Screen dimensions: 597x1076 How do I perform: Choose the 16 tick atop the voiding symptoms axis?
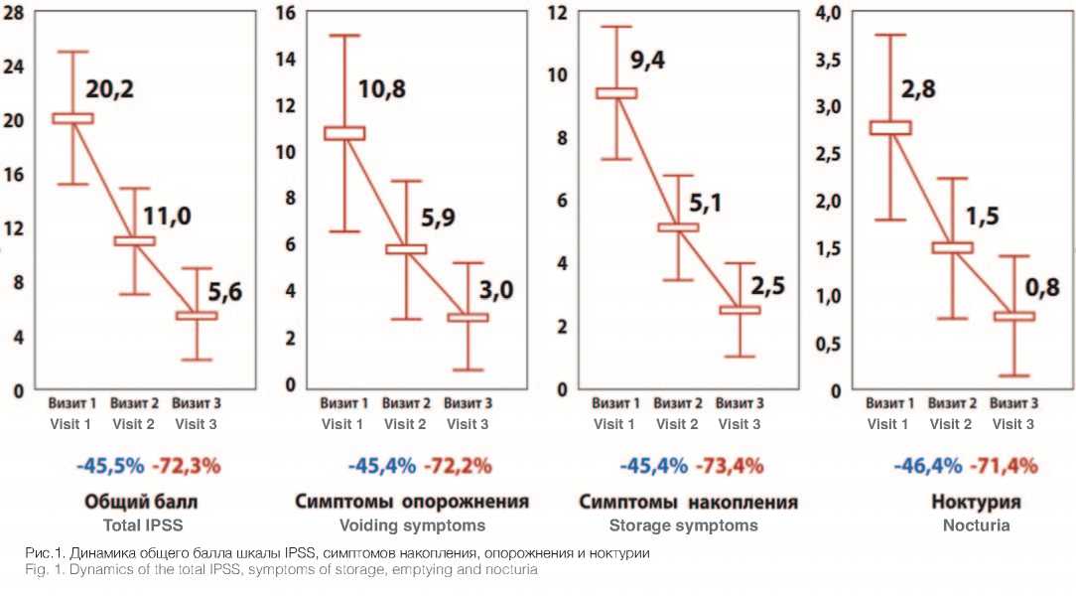[287, 14]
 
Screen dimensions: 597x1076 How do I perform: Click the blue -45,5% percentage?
[109, 465]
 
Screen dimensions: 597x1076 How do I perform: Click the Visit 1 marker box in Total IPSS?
[72, 118]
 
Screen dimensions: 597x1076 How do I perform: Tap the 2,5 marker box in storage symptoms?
[740, 310]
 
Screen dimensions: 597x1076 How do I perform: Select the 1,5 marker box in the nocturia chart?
[951, 247]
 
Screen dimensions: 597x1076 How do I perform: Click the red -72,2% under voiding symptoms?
[458, 465]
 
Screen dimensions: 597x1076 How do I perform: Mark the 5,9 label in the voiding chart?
[444, 220]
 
